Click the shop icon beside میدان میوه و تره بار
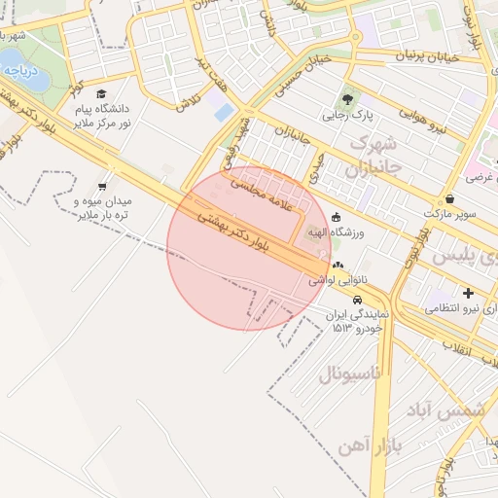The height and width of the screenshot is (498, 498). click(x=103, y=185)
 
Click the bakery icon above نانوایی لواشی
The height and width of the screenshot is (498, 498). click(x=338, y=264)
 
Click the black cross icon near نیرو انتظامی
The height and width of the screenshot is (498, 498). click(x=469, y=292)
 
